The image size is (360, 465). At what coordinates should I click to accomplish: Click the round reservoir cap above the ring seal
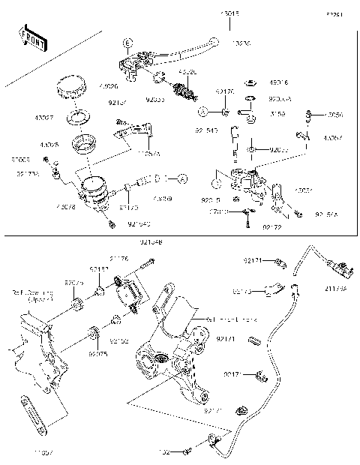coord(70,86)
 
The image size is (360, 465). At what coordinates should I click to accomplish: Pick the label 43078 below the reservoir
coord(66,205)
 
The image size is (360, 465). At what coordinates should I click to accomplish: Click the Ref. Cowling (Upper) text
coord(32,297)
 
